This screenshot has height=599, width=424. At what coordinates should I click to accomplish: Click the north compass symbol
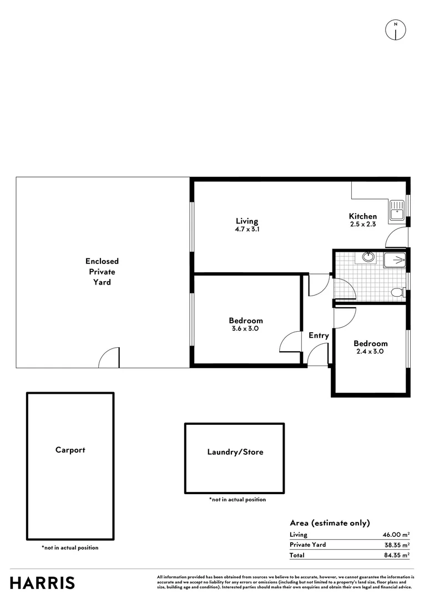coord(395,30)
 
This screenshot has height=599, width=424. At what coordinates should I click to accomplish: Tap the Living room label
coord(246,221)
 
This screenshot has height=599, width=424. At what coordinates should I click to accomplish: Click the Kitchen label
coord(363,216)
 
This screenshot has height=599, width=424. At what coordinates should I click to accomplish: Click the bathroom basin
coord(367,257)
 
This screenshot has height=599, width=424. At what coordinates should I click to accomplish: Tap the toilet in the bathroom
coord(397,292)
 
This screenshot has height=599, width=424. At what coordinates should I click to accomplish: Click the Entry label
coord(319,336)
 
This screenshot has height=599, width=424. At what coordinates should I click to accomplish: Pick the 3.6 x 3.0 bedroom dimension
coord(246,328)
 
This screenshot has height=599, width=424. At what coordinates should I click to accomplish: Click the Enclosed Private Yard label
coord(102,271)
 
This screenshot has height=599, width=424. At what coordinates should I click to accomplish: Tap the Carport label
coord(70,450)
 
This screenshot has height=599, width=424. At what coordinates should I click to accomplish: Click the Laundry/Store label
coord(235,452)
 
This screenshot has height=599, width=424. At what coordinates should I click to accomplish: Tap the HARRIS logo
coord(42,583)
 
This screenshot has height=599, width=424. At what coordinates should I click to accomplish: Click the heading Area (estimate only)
coord(330,523)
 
